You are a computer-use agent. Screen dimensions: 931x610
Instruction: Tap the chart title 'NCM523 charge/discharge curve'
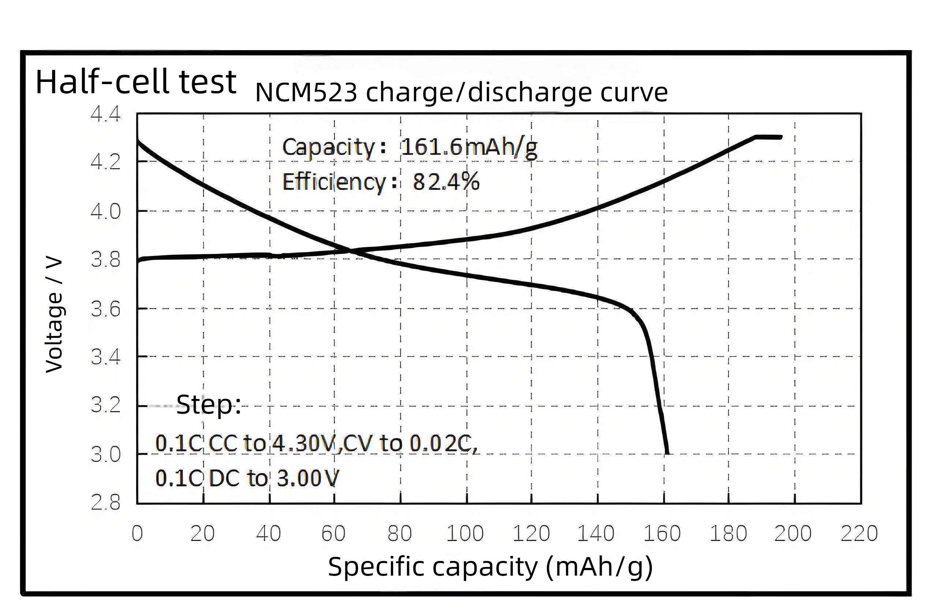pos(461,93)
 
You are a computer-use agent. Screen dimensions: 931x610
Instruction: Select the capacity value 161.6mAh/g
pos(469,148)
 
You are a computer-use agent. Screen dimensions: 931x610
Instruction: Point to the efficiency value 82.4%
pos(446,182)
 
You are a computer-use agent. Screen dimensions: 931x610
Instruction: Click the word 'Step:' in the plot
pos(209,405)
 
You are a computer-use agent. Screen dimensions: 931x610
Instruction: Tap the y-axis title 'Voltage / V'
pos(54,315)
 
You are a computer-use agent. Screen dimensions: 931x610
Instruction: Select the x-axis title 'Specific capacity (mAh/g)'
pos(490,566)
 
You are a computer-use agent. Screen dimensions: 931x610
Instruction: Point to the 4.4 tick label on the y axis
pos(106,114)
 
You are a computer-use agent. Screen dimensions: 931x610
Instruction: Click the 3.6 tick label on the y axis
pos(106,309)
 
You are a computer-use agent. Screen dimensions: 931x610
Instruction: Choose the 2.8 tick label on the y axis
pos(106,502)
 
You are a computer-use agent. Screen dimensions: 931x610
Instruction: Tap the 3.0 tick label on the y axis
pos(106,454)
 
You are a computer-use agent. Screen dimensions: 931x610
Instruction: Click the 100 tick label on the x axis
pos(465,533)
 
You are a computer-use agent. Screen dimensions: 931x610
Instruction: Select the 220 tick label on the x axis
pos(859,533)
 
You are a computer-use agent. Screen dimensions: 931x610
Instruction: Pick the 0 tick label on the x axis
pos(137,533)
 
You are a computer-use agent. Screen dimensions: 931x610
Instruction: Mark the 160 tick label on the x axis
pos(662,533)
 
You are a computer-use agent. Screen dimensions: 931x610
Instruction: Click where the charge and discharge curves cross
pos(349,250)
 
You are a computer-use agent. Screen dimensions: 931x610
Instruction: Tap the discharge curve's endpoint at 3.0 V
pos(668,453)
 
